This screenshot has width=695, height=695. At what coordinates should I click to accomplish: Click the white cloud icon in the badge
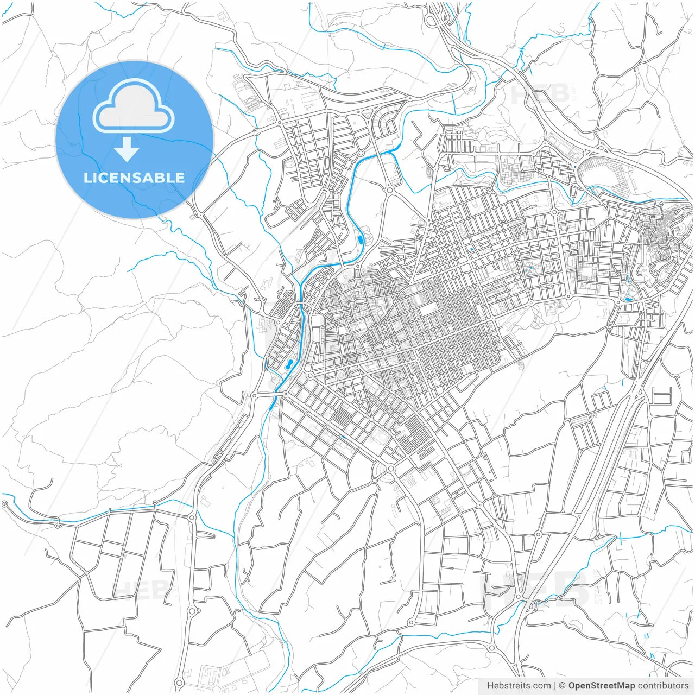point(134,106)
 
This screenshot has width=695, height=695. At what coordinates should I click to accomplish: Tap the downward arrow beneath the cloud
point(127,149)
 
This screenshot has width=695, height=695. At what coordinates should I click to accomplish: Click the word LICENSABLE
point(134,178)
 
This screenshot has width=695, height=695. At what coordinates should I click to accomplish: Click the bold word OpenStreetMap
point(602,686)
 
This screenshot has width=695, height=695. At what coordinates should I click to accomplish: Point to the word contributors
point(663,686)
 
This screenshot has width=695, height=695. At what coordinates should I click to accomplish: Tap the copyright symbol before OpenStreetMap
point(563,686)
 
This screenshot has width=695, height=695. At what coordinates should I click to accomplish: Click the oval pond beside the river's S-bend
point(361,238)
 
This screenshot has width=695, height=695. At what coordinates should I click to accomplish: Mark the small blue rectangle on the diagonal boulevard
point(343,436)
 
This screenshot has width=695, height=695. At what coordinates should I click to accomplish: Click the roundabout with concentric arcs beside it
point(391,468)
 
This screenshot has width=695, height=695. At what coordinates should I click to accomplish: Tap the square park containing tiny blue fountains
point(529,268)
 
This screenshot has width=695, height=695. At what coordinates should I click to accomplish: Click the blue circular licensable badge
point(134,140)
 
